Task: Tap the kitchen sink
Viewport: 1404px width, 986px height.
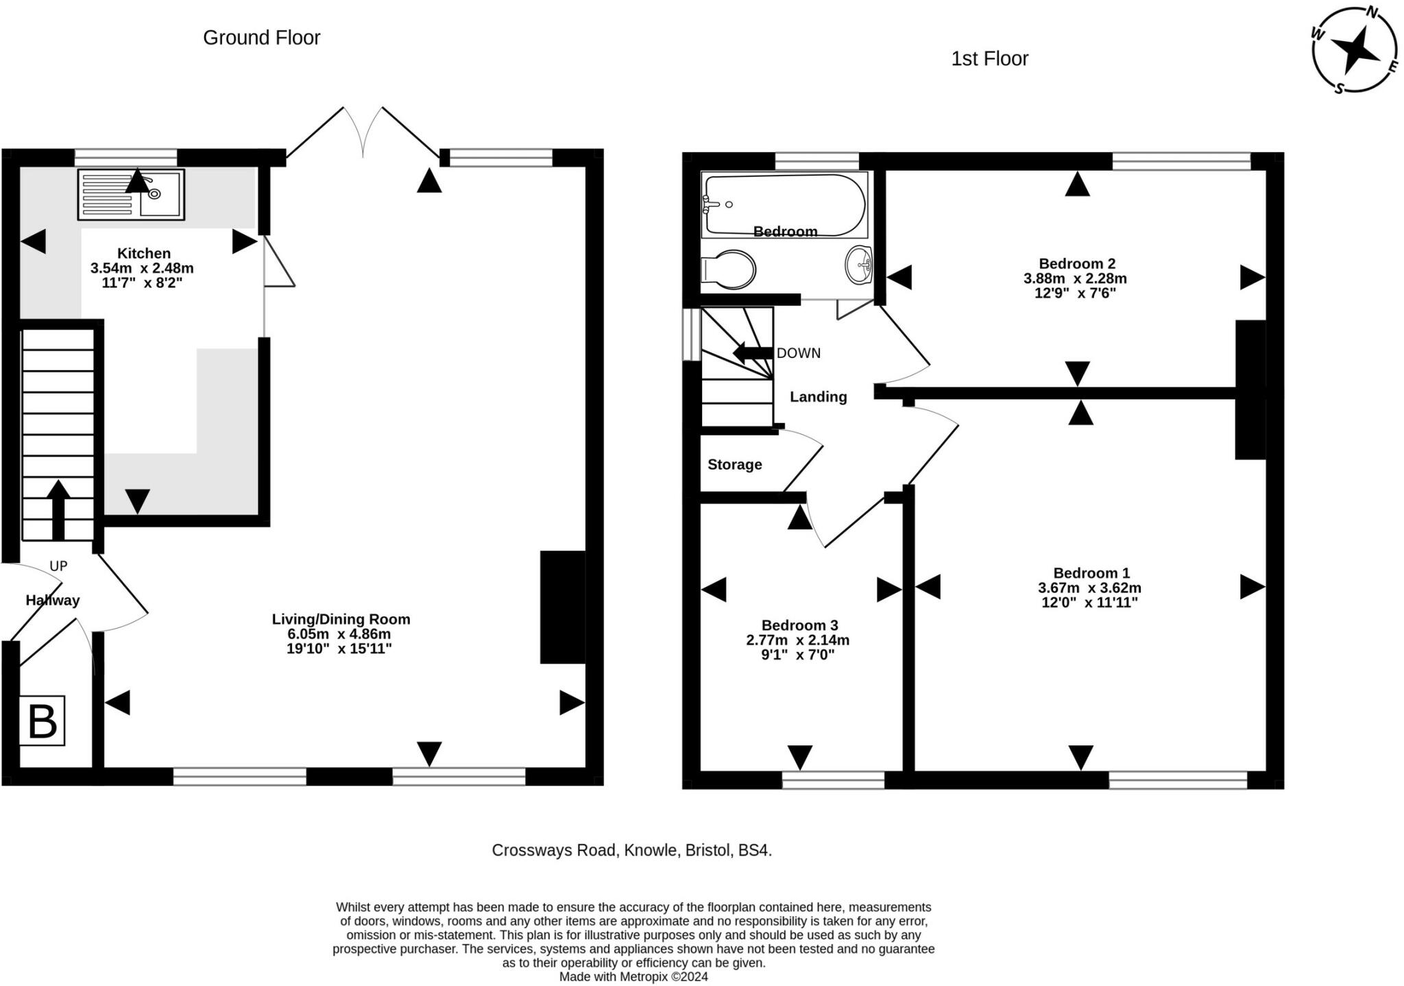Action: [131, 195]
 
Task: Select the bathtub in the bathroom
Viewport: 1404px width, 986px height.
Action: [784, 204]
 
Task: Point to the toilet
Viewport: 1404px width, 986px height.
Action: [728, 269]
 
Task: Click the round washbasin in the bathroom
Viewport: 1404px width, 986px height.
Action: [858, 265]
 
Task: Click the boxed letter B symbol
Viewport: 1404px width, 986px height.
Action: [42, 721]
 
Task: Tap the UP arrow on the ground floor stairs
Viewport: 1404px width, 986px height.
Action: [58, 509]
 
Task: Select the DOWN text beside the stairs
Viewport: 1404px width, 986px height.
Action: [798, 353]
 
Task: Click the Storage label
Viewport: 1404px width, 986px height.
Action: [735, 465]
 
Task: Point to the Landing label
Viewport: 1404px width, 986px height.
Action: [819, 397]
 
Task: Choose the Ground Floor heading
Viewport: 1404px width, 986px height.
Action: [262, 38]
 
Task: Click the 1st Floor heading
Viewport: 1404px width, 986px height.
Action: [990, 59]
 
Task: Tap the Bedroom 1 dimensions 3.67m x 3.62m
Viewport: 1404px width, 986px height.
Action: [1089, 588]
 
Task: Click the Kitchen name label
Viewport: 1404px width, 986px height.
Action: [144, 254]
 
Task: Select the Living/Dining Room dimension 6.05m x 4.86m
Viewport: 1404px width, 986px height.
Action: [339, 634]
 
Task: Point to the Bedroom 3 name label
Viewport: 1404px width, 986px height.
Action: [799, 625]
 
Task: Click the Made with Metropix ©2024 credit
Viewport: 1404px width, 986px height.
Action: [633, 976]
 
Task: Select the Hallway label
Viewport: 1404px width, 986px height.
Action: [53, 601]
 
